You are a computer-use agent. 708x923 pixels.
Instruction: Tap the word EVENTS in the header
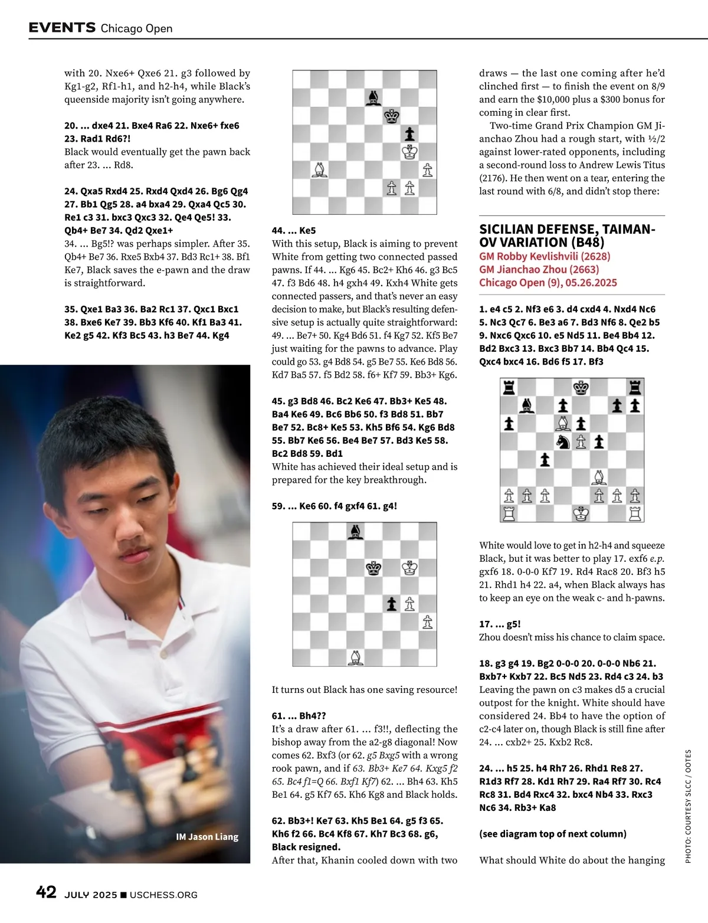[62, 28]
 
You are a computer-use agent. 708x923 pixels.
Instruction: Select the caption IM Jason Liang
[207, 836]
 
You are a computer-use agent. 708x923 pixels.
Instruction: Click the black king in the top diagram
[391, 116]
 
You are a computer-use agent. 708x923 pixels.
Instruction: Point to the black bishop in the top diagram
[373, 97]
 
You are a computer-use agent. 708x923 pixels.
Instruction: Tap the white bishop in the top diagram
[319, 170]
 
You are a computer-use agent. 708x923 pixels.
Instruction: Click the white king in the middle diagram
[409, 568]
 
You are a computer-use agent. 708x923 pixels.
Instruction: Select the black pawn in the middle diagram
[391, 603]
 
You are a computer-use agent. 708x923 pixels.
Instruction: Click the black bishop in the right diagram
[527, 405]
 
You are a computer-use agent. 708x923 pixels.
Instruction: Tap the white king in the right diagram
[581, 513]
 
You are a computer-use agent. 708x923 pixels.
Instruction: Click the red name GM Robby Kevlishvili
[545, 256]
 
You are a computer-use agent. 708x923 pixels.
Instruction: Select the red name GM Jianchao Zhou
[539, 269]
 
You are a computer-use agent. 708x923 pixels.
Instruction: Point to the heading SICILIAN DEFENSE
[566, 229]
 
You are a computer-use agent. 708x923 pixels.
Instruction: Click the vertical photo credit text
[688, 806]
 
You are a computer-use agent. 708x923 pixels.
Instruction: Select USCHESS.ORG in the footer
[163, 895]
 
